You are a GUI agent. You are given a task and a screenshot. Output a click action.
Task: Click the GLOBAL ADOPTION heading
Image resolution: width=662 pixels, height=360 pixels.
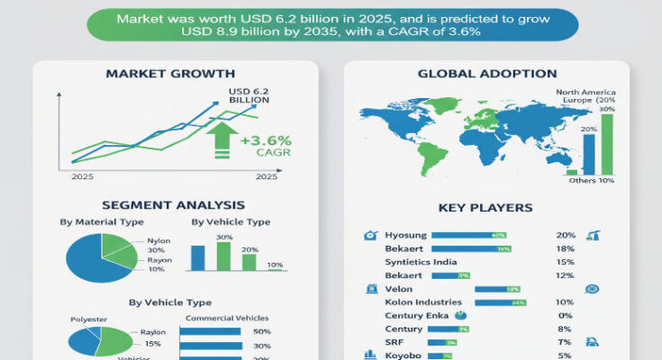click(487, 73)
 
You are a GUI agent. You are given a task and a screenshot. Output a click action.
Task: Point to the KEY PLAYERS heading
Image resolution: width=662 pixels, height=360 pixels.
click(485, 208)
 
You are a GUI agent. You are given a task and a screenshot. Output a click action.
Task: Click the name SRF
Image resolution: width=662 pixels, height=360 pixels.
click(394, 342)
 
